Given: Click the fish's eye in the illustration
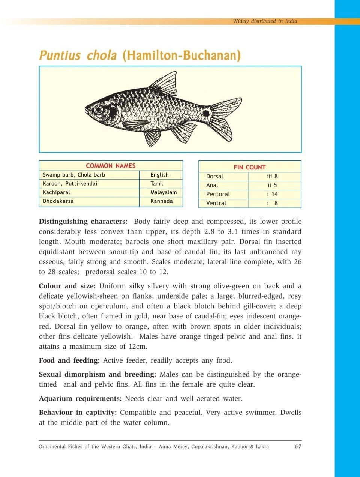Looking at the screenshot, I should pyautogui.click(x=99, y=109).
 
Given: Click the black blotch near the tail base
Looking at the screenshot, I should pyautogui.click(x=206, y=113).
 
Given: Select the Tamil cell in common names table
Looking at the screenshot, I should pyautogui.click(x=157, y=184).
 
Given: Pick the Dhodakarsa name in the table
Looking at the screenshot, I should pyautogui.click(x=58, y=201).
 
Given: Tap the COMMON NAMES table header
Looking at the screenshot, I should pyautogui.click(x=111, y=166).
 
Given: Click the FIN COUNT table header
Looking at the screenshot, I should pyautogui.click(x=250, y=167).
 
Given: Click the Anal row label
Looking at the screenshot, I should pyautogui.click(x=212, y=185).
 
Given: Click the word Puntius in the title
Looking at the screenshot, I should pyautogui.click(x=60, y=55).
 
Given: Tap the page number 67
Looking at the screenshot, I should pyautogui.click(x=298, y=446).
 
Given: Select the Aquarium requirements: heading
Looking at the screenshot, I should pyautogui.click(x=80, y=398).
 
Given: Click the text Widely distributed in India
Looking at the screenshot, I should pyautogui.click(x=265, y=21).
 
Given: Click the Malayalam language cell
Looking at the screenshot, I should pyautogui.click(x=163, y=192).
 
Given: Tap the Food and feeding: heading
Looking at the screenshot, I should pyautogui.click(x=69, y=360).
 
